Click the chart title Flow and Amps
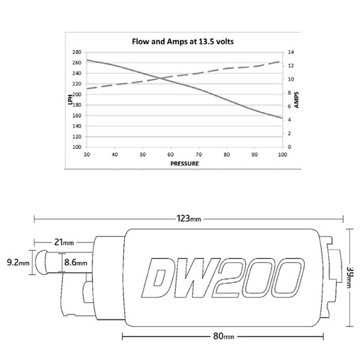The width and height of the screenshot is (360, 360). [x=183, y=42]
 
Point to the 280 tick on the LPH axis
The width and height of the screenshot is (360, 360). [x=77, y=52]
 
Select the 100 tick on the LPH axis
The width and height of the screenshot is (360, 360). [x=77, y=147]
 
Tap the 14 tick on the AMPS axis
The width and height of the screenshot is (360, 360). [x=291, y=52]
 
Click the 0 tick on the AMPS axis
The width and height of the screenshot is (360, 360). [x=289, y=147]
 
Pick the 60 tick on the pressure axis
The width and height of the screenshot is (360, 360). [x=171, y=154]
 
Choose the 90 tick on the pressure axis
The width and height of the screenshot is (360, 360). [x=254, y=154]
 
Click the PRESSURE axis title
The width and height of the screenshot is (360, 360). [x=184, y=164]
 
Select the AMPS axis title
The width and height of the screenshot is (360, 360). [x=296, y=100]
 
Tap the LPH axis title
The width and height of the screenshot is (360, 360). [x=70, y=100]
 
